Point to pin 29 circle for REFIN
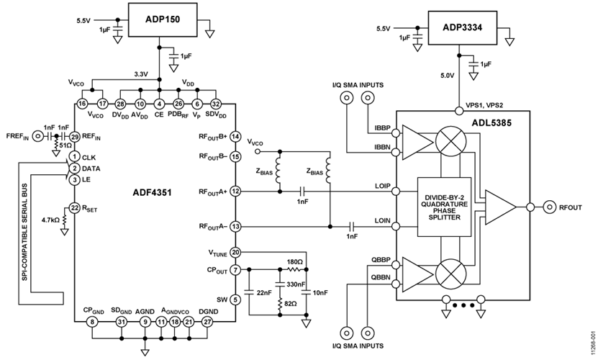(74, 136)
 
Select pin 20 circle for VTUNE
(235, 252)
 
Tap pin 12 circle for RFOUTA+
(235, 192)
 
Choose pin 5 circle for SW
(235, 300)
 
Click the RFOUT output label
(565, 207)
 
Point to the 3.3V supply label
(142, 73)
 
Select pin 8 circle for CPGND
(91, 322)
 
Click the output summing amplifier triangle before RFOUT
(500, 207)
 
